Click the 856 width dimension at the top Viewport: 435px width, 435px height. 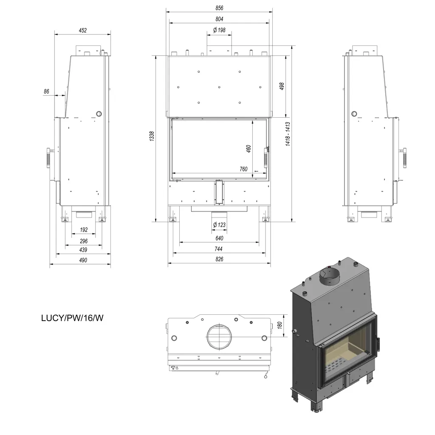coord(219,8)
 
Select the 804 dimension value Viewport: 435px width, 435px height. coord(219,19)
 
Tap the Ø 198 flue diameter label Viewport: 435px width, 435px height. coord(219,30)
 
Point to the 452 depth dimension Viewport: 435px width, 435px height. coord(83,30)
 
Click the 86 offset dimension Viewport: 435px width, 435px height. coord(46,91)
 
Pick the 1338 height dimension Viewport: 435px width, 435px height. coord(152,136)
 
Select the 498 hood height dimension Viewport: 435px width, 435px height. coord(282,86)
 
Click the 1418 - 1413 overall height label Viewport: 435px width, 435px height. coord(288,134)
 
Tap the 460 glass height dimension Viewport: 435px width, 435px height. coord(249,149)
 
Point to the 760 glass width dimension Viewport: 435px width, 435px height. coord(243,169)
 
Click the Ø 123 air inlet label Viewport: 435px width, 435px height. coord(219,225)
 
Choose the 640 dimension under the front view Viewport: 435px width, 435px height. coord(219,238)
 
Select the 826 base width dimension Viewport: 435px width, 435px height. coord(219,259)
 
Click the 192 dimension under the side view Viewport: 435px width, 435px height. coord(84,230)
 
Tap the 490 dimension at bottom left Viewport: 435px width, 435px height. coord(83,260)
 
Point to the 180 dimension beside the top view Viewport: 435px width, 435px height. coord(280,325)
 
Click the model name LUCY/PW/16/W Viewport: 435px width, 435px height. coord(72,318)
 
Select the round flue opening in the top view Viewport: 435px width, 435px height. coord(219,336)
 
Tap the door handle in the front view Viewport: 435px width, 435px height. coord(266,157)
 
